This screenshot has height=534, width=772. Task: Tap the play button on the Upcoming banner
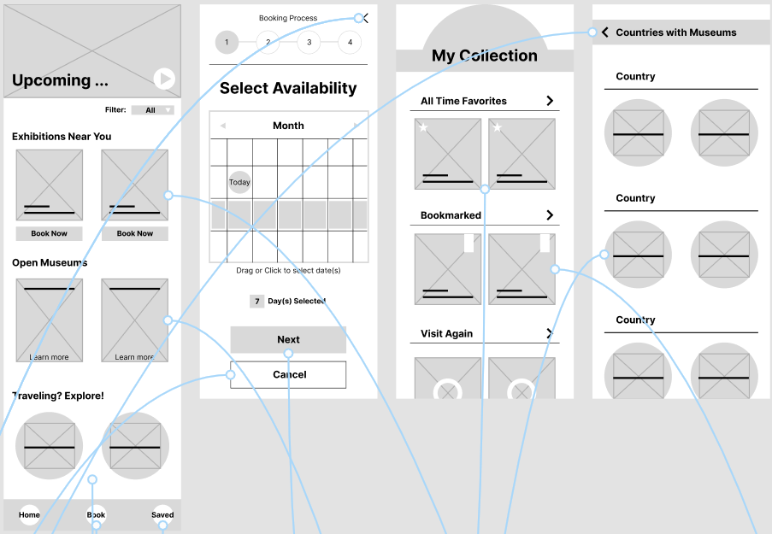164,79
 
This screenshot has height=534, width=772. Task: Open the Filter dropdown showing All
152,110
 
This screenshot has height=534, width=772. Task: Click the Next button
288,339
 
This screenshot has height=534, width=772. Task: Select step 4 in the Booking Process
349,42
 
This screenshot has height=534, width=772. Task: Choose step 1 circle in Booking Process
227,42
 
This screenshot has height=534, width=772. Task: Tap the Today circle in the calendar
239,182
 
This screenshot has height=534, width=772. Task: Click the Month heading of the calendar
288,126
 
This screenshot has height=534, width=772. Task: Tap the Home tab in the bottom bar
29,514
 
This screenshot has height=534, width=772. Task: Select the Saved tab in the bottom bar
162,514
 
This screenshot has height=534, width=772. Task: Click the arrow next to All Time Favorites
550,101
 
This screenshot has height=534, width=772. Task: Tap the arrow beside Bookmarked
550,215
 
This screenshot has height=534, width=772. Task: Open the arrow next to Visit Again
550,333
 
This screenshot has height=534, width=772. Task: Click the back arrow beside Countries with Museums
605,32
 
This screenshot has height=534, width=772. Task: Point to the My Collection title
484,56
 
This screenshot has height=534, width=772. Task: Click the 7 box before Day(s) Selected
256,301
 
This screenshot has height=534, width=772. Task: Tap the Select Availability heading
288,88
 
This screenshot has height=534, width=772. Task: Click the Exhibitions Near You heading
62,137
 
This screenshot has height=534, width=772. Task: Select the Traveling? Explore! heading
58,396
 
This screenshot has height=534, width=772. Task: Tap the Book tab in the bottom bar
96,514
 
